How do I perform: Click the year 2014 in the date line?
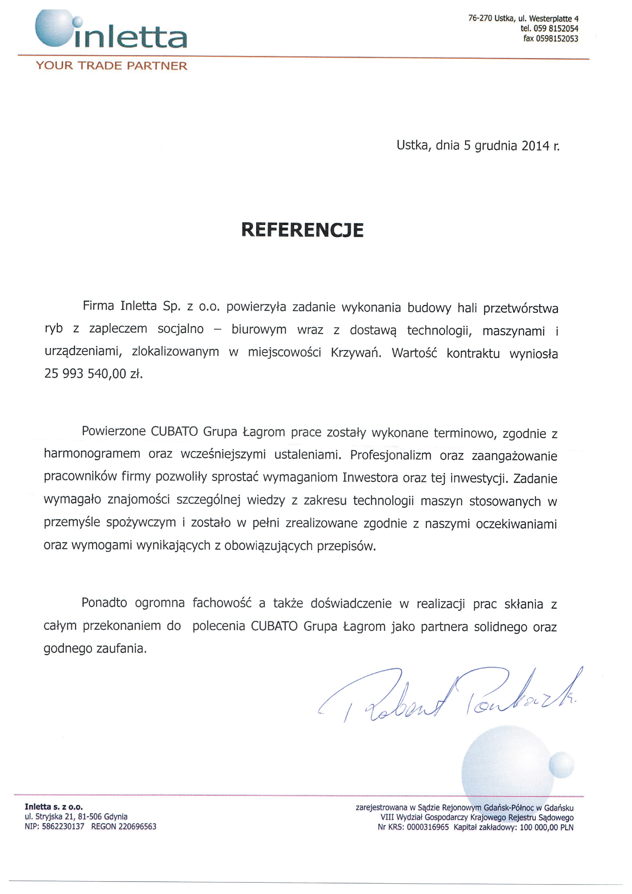click(535, 146)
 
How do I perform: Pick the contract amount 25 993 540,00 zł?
click(94, 374)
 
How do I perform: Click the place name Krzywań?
click(356, 353)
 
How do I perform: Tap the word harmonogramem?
click(92, 454)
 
